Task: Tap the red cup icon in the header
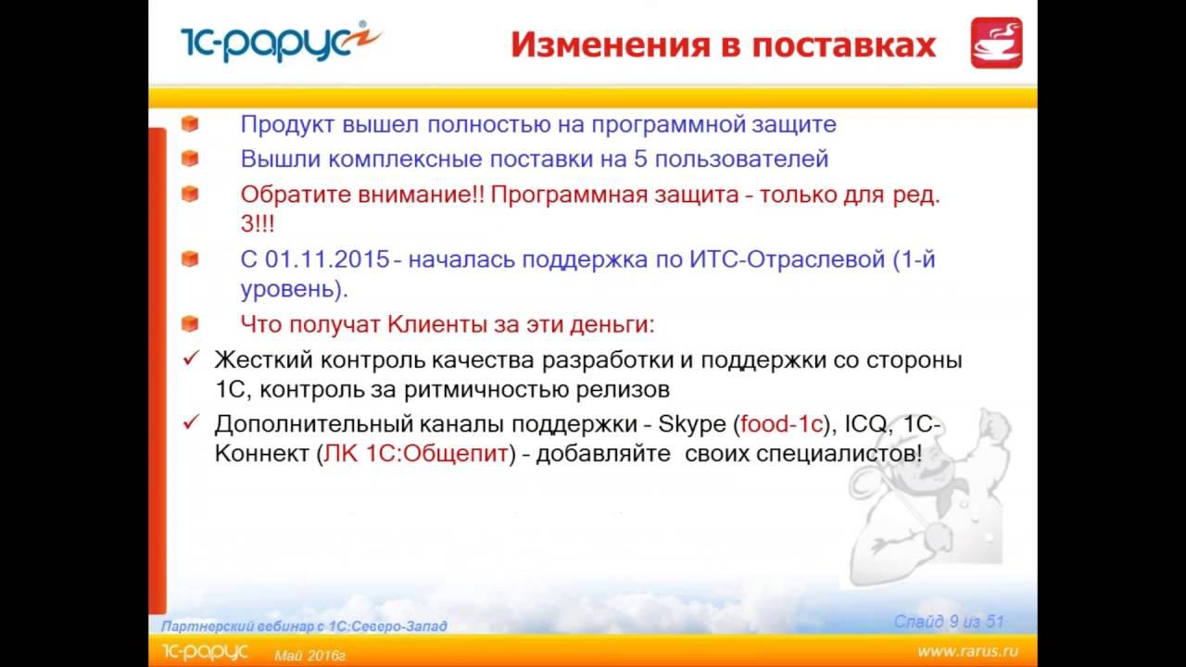click(996, 43)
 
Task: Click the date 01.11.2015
click(329, 259)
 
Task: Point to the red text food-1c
click(781, 425)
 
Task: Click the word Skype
click(694, 425)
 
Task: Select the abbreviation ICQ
click(868, 425)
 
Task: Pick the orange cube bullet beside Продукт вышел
click(190, 124)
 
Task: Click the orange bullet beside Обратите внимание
click(190, 195)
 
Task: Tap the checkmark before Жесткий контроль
click(192, 359)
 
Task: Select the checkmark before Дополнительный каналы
click(192, 423)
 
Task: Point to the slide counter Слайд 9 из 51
click(949, 622)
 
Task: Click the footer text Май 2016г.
click(309, 656)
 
